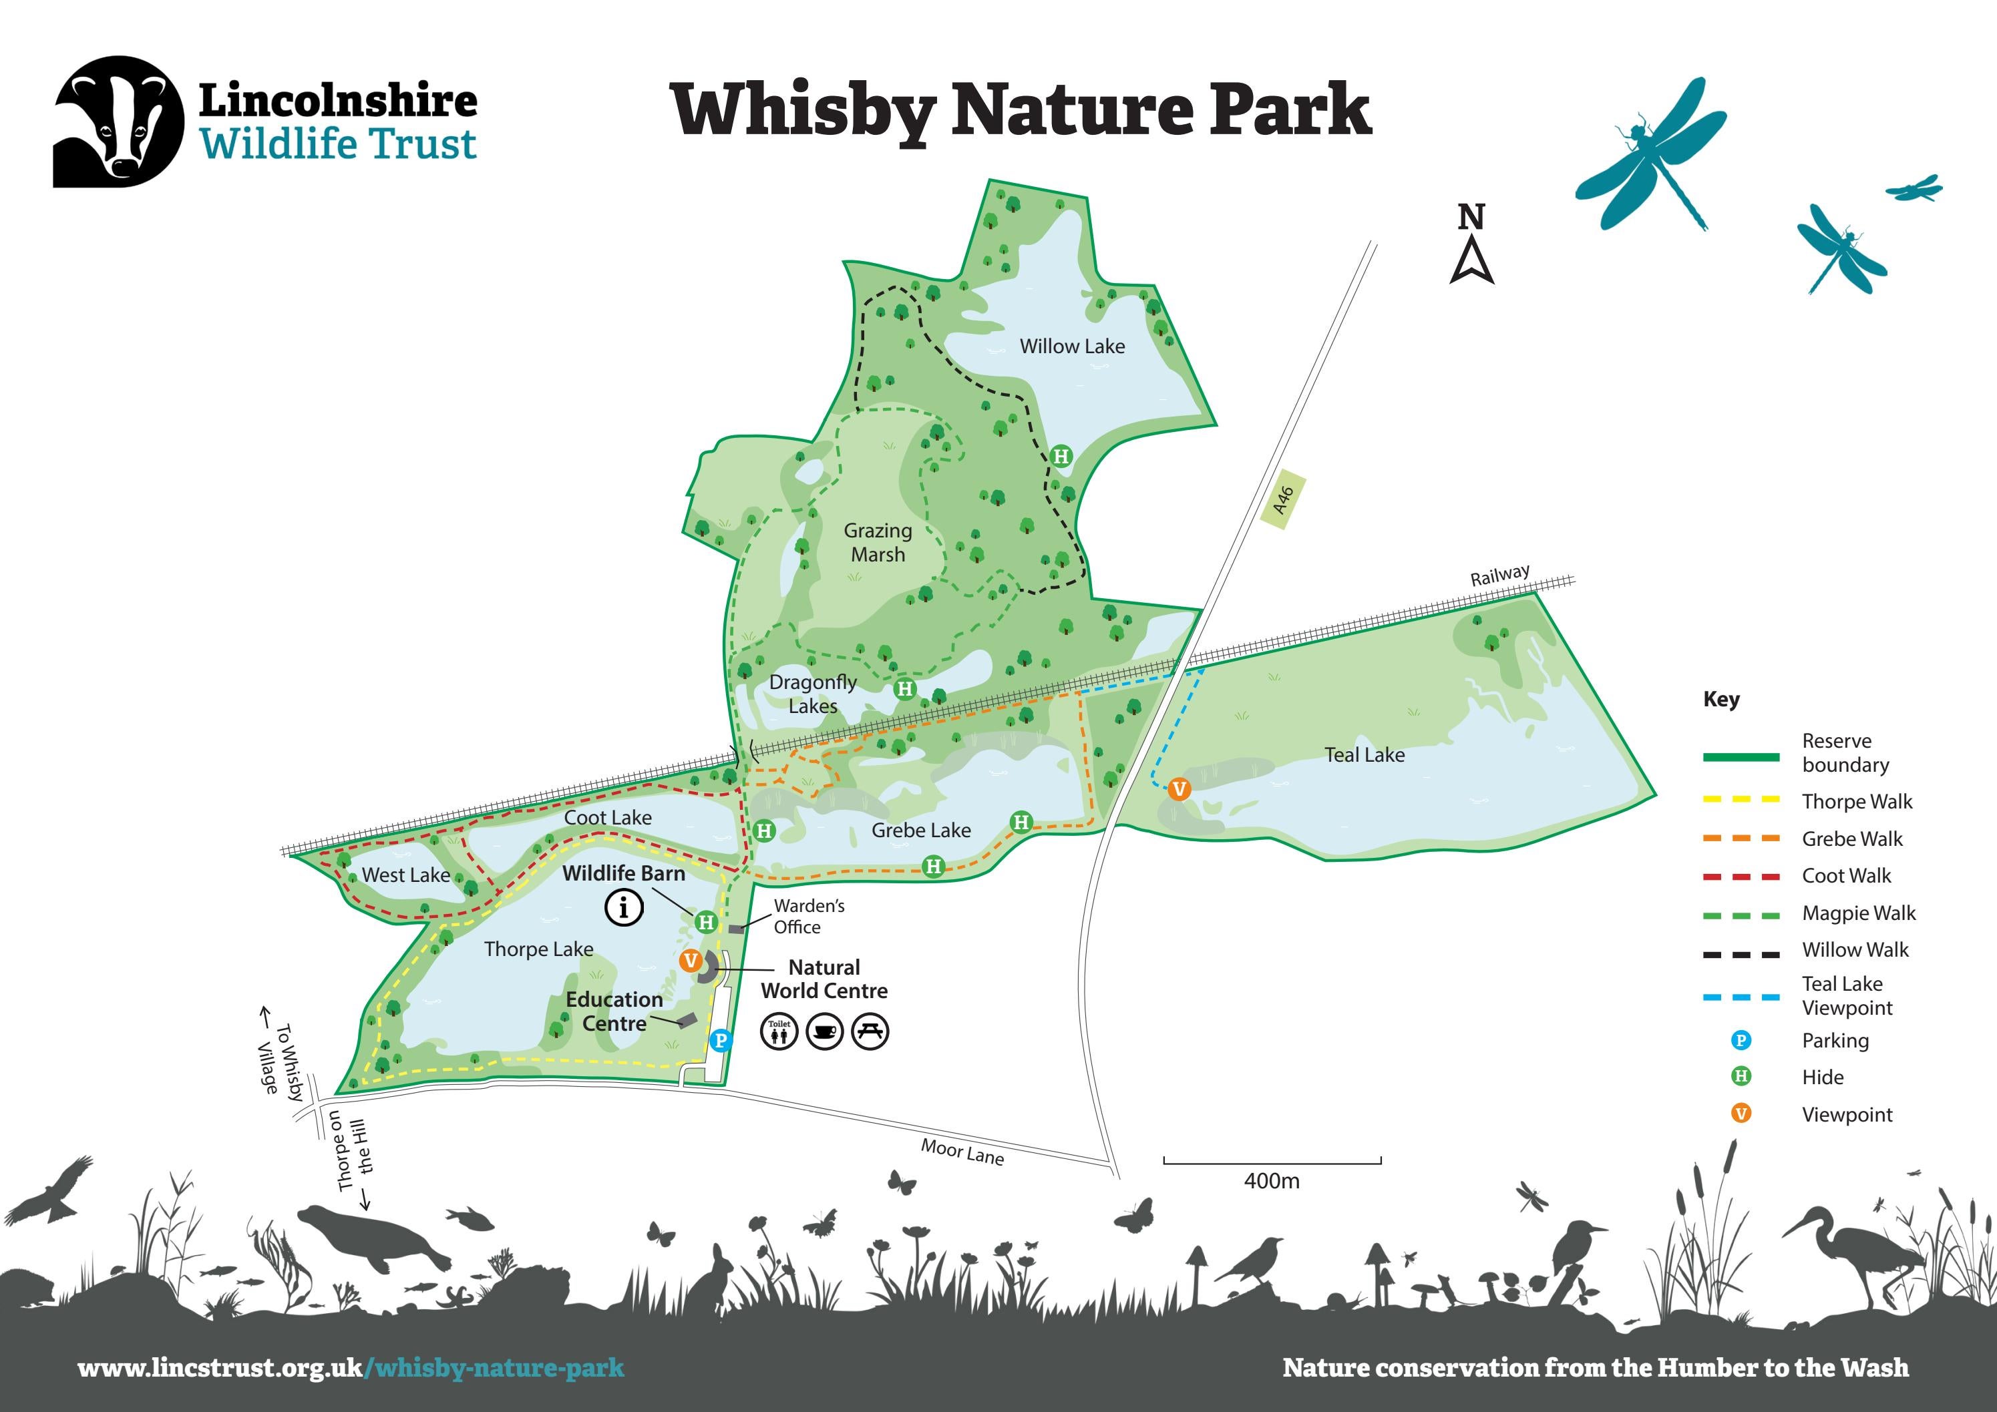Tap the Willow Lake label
click(x=1071, y=346)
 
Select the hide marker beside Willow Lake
click(x=1060, y=455)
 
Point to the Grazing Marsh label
click(x=878, y=543)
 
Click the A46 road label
click(x=1283, y=500)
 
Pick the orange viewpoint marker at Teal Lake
click(x=1179, y=788)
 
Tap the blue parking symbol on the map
click(x=720, y=1040)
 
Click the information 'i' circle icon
click(x=624, y=909)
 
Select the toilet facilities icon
click(x=779, y=1031)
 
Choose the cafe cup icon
click(x=825, y=1031)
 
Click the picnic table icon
click(x=870, y=1031)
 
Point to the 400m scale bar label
click(x=1272, y=1181)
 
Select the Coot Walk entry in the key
click(x=1845, y=875)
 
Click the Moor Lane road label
click(x=962, y=1152)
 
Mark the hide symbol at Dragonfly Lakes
click(x=904, y=688)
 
